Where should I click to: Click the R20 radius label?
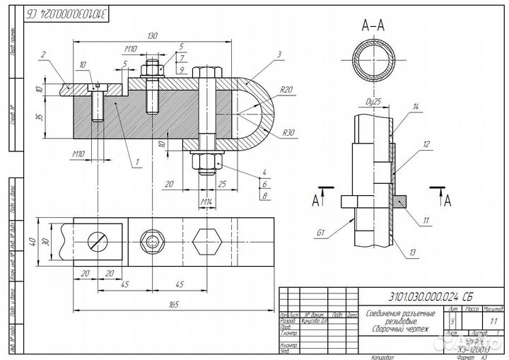point(286,90)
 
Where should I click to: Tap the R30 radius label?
point(288,132)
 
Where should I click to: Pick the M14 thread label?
point(207,203)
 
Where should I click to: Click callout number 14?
point(416,107)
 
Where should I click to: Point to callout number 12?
point(427,145)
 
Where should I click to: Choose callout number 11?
point(426,221)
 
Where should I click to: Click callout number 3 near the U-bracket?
point(280,54)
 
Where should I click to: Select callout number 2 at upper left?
point(44,54)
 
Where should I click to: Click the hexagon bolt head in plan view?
point(206,240)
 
